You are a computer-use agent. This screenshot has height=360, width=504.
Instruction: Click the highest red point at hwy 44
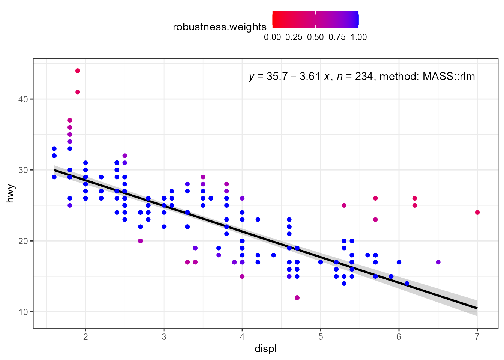click(x=78, y=70)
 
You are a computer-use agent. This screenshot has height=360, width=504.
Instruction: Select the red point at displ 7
click(x=477, y=213)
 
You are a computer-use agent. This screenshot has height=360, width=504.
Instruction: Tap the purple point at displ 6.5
click(x=438, y=262)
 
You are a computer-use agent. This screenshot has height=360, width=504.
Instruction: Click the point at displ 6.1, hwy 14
click(x=407, y=283)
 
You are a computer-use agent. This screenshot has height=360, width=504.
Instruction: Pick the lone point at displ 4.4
click(x=273, y=255)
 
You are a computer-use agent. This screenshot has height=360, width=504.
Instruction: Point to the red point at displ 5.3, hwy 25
click(x=344, y=205)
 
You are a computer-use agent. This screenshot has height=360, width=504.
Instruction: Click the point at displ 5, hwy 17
click(x=321, y=262)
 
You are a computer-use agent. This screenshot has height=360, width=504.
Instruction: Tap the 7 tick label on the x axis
click(x=477, y=337)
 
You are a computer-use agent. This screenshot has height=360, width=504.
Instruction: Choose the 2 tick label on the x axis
click(x=85, y=337)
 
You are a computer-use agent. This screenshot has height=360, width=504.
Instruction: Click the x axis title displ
click(x=265, y=349)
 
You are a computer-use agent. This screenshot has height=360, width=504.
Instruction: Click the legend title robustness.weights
click(x=219, y=27)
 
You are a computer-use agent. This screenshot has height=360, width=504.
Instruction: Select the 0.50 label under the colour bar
click(x=315, y=37)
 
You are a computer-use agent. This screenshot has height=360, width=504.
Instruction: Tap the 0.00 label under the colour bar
click(x=272, y=37)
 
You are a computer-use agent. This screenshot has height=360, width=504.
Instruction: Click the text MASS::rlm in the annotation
click(x=448, y=76)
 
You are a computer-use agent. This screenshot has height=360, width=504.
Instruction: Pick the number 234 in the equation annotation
click(x=364, y=76)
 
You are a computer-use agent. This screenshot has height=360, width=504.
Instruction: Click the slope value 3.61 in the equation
click(x=310, y=76)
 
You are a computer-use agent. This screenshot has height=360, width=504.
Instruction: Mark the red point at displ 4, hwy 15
click(x=242, y=276)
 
